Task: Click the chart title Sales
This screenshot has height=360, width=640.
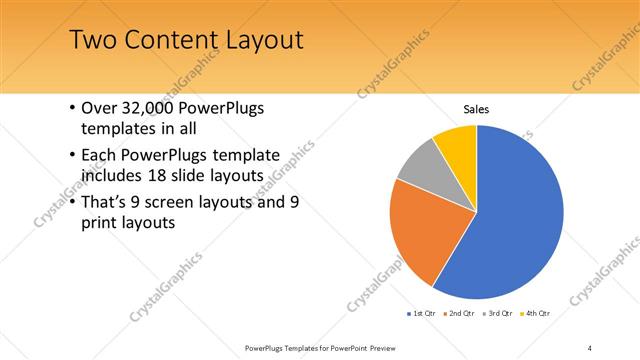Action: pos(477,109)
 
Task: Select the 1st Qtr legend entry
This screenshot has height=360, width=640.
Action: pos(422,314)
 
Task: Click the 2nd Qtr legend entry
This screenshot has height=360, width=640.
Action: pos(460,314)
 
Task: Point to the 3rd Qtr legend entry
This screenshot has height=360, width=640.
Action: pos(499,314)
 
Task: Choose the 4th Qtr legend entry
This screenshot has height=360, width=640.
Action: pos(537,314)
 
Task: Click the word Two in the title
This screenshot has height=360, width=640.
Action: pos(93,41)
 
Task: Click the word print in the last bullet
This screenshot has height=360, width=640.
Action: pos(101,222)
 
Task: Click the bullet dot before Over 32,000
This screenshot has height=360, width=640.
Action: pos(70,109)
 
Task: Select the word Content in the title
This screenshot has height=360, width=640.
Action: pos(167,41)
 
